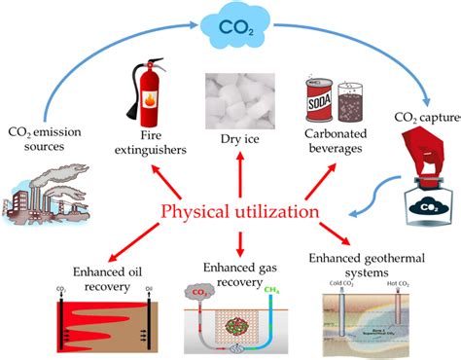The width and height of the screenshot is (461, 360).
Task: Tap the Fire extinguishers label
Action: click(x=143, y=146)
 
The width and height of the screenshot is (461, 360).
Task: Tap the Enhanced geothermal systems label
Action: click(x=369, y=265)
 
